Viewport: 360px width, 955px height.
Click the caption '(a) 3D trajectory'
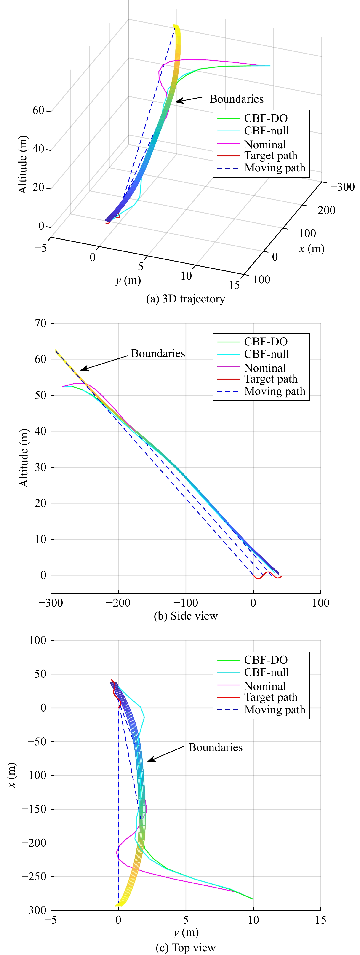click(x=185, y=299)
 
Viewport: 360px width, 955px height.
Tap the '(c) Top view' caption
click(x=185, y=948)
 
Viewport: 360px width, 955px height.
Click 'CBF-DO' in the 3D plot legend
click(x=265, y=118)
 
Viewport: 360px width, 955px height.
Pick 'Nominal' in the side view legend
click(x=265, y=368)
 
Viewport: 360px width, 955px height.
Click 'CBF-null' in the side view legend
click(x=266, y=354)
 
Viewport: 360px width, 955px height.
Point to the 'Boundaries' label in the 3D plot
click(x=237, y=99)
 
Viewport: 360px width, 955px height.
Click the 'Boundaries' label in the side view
click(x=158, y=353)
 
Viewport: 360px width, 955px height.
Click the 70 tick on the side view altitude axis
click(x=41, y=323)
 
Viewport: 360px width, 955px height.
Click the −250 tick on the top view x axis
click(x=35, y=876)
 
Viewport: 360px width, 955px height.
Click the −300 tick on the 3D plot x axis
click(x=342, y=187)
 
